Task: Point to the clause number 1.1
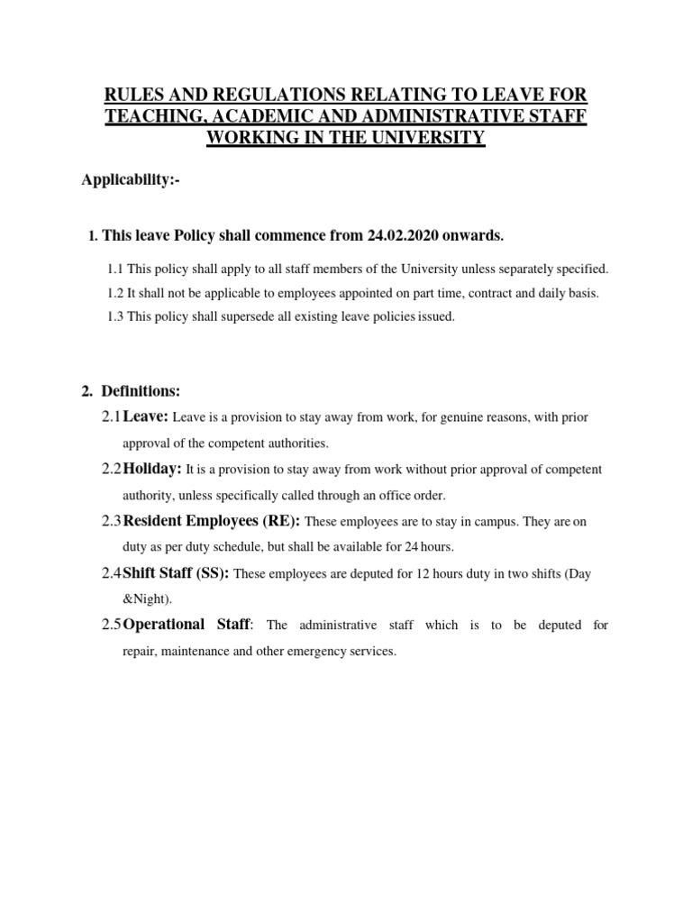(114, 270)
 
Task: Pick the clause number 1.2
(114, 293)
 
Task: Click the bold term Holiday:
(152, 470)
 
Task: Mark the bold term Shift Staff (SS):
(176, 573)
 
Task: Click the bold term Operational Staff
(187, 625)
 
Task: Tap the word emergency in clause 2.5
(311, 651)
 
